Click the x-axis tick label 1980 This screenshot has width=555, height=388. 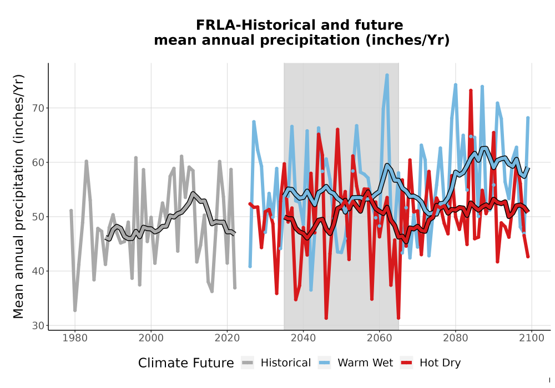[75, 338]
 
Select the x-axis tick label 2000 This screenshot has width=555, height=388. [151, 338]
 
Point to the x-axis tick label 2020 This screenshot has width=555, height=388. [227, 338]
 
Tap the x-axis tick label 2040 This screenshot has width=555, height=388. [303, 338]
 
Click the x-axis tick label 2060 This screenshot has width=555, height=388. [379, 338]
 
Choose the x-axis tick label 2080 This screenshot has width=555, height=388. [455, 338]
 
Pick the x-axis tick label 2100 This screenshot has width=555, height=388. [531, 338]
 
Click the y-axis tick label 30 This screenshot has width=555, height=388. [38, 325]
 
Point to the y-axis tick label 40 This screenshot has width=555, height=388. [38, 271]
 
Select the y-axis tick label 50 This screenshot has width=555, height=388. [38, 217]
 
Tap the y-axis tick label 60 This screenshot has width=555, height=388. [38, 162]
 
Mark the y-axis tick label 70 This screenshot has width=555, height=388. [38, 108]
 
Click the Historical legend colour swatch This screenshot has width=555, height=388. [248, 363]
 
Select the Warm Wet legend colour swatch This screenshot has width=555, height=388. [324, 363]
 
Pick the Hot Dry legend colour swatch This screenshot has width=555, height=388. [407, 363]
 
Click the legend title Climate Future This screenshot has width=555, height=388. [186, 363]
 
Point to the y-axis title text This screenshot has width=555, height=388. [18, 196]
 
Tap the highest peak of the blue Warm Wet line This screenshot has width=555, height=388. [387, 75]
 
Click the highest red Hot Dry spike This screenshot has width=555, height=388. [471, 90]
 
